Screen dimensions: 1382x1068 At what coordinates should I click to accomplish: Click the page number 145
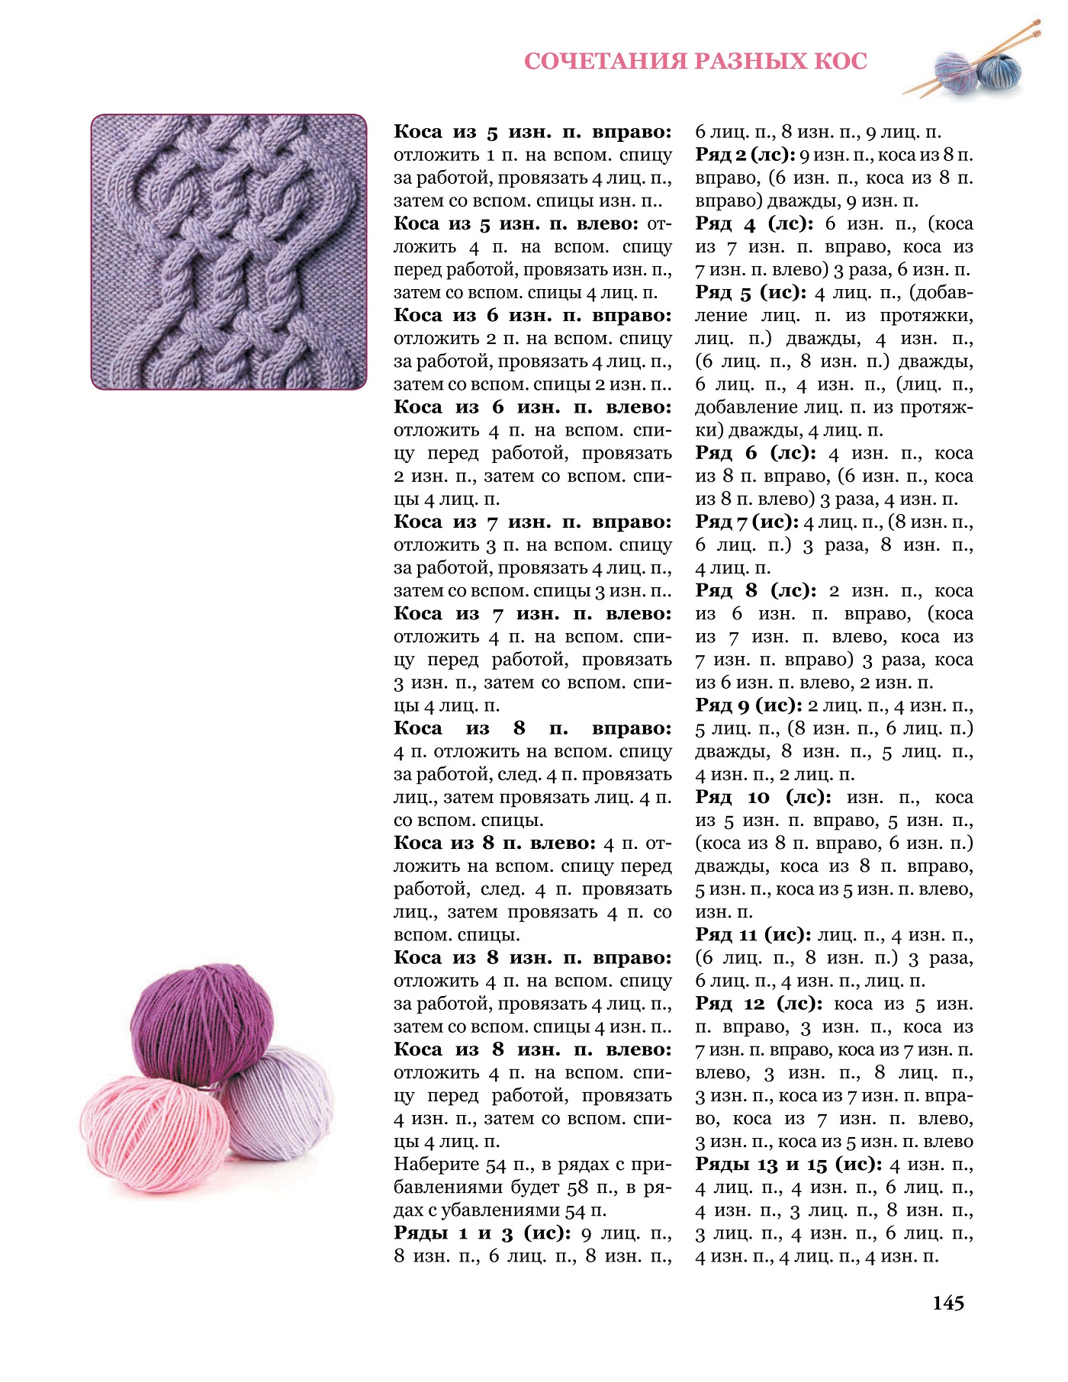coord(948,1303)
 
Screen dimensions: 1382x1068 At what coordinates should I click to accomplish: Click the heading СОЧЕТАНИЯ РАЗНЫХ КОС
coord(695,62)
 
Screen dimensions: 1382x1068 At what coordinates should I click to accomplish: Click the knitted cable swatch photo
coord(229,252)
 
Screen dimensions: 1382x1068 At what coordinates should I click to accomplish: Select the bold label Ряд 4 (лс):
coord(754,223)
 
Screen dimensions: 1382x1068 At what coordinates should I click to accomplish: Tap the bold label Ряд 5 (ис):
coord(751,292)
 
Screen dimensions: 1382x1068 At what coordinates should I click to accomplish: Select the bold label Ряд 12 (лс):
coord(759,1004)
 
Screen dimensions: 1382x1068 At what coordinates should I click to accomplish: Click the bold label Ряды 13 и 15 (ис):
coord(789,1165)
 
